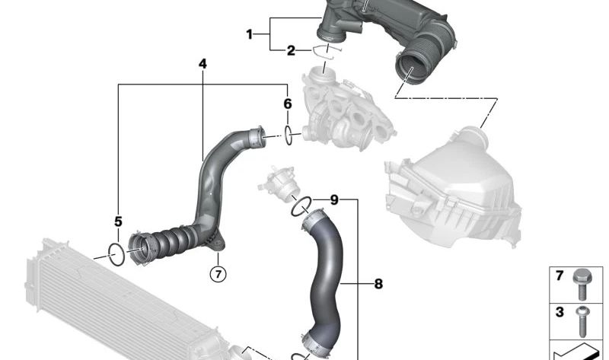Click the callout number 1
tap(250, 34)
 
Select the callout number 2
tap(291, 50)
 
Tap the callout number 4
tap(202, 64)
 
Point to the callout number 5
tap(118, 221)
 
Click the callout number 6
tap(288, 104)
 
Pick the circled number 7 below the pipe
tap(218, 274)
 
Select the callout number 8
tap(378, 284)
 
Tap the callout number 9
tap(334, 200)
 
